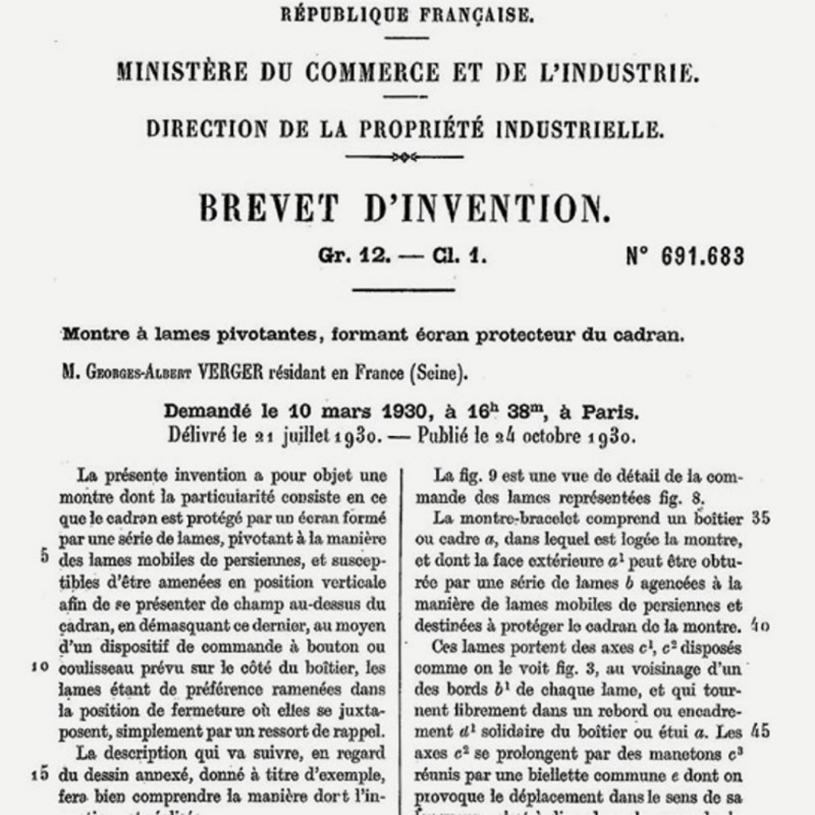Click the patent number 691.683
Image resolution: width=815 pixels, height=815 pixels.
686,256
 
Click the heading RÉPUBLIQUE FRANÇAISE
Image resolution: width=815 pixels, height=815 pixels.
407,16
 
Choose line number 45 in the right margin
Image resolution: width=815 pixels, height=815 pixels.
760,730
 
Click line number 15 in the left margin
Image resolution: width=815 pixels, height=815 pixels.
41,772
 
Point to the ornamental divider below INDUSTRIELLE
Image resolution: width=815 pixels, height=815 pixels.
407,157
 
